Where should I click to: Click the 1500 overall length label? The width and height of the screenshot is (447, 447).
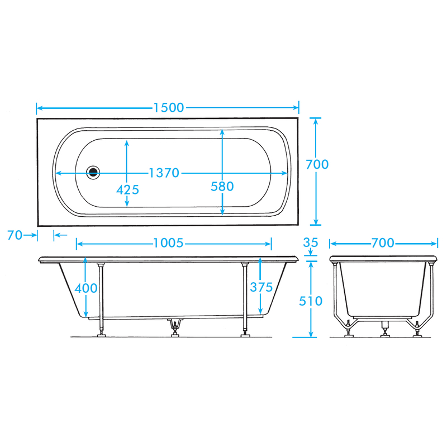pos(168,108)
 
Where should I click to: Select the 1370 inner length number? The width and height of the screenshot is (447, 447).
pos(164,173)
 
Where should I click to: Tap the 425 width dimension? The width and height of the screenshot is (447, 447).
pos(127,190)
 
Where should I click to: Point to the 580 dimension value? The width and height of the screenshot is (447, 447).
pos(222,187)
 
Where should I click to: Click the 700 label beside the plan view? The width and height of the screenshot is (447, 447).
pos(317,164)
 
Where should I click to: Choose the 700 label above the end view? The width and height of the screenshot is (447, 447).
pos(383,243)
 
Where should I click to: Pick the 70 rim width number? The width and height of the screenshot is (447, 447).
pos(15,235)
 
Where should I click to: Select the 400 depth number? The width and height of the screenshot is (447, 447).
pos(85,288)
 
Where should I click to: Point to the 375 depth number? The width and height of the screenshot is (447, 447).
pos(261,287)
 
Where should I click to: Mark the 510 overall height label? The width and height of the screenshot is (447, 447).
pos(311,301)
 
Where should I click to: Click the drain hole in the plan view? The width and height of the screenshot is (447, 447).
pos(94,173)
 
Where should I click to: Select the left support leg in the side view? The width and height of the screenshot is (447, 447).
pos(101,299)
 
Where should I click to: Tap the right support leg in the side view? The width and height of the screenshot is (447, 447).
pos(244,299)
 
